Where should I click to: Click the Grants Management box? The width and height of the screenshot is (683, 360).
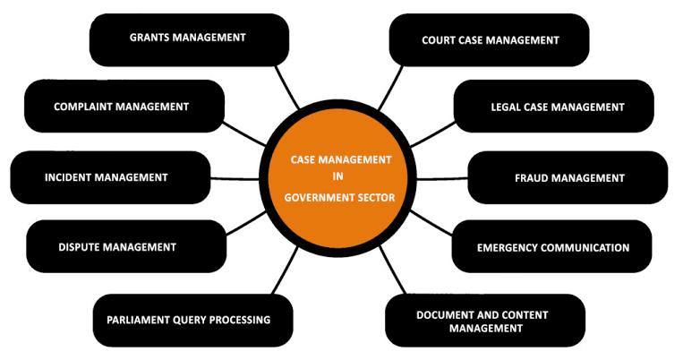click(189, 39)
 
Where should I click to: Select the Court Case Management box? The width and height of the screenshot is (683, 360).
click(489, 40)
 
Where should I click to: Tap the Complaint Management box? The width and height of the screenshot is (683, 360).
click(123, 106)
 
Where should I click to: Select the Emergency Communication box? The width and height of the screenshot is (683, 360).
click(551, 247)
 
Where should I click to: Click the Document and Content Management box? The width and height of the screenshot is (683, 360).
click(484, 321)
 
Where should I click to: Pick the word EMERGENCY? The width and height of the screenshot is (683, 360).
click(511, 247)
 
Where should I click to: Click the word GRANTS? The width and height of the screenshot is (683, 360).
click(150, 38)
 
